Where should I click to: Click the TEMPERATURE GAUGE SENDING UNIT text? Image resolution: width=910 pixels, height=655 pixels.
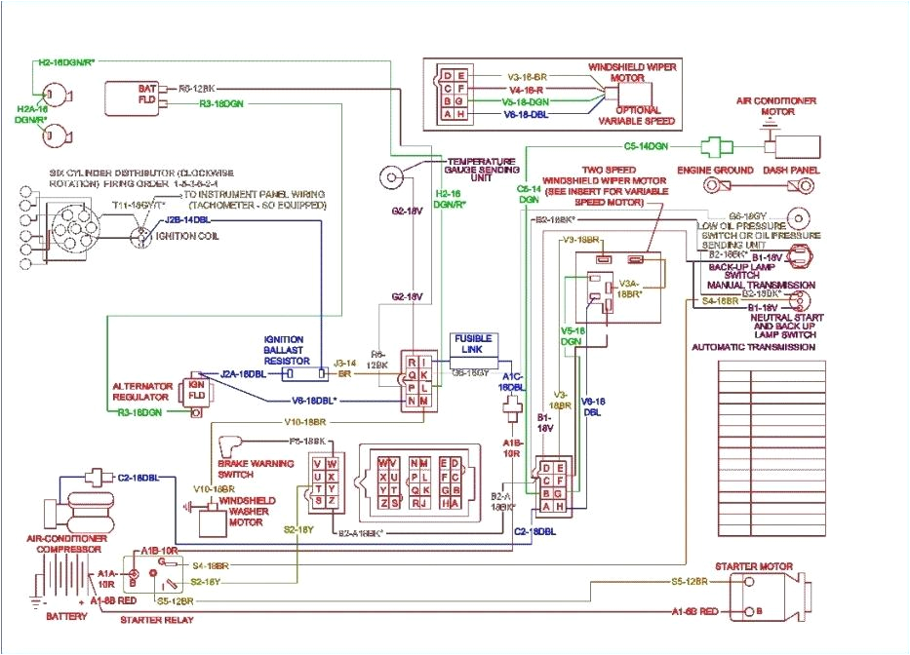tap(481, 167)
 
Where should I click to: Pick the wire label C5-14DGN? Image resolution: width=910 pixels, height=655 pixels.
tap(646, 146)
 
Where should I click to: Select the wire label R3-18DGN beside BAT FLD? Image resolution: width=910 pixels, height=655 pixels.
tap(222, 102)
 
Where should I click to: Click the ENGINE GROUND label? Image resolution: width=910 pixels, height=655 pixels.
tap(715, 170)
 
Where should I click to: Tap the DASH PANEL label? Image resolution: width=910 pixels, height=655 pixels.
tap(792, 170)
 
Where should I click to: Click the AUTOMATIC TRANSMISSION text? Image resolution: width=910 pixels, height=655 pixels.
tap(754, 347)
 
